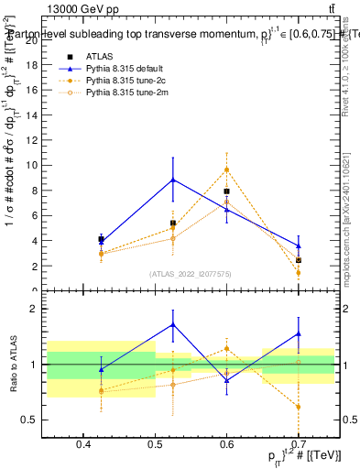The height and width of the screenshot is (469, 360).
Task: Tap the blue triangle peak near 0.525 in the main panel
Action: pos(173,180)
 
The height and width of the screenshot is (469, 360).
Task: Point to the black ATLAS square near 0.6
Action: pos(226,191)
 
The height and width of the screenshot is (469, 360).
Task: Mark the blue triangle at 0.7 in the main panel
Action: pos(299,245)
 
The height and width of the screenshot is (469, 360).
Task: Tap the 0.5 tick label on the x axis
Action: pos(155,445)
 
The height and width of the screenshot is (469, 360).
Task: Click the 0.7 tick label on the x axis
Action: pos(299,445)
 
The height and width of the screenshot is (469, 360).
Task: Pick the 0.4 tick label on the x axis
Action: pos(83,445)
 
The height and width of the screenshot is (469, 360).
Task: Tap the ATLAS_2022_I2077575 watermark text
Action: pos(191,274)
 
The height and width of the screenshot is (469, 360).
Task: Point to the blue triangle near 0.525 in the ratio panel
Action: pos(173,324)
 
